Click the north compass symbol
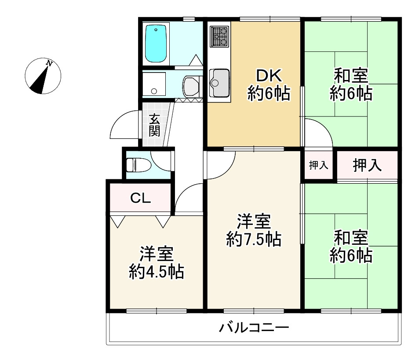tap(43, 76)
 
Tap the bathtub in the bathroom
tap(156, 44)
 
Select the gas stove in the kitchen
tap(219, 36)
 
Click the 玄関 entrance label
tap(154, 125)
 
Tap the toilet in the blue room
tap(138, 165)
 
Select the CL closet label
tap(140, 198)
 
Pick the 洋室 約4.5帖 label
tap(156, 263)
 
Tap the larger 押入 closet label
tap(367, 165)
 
